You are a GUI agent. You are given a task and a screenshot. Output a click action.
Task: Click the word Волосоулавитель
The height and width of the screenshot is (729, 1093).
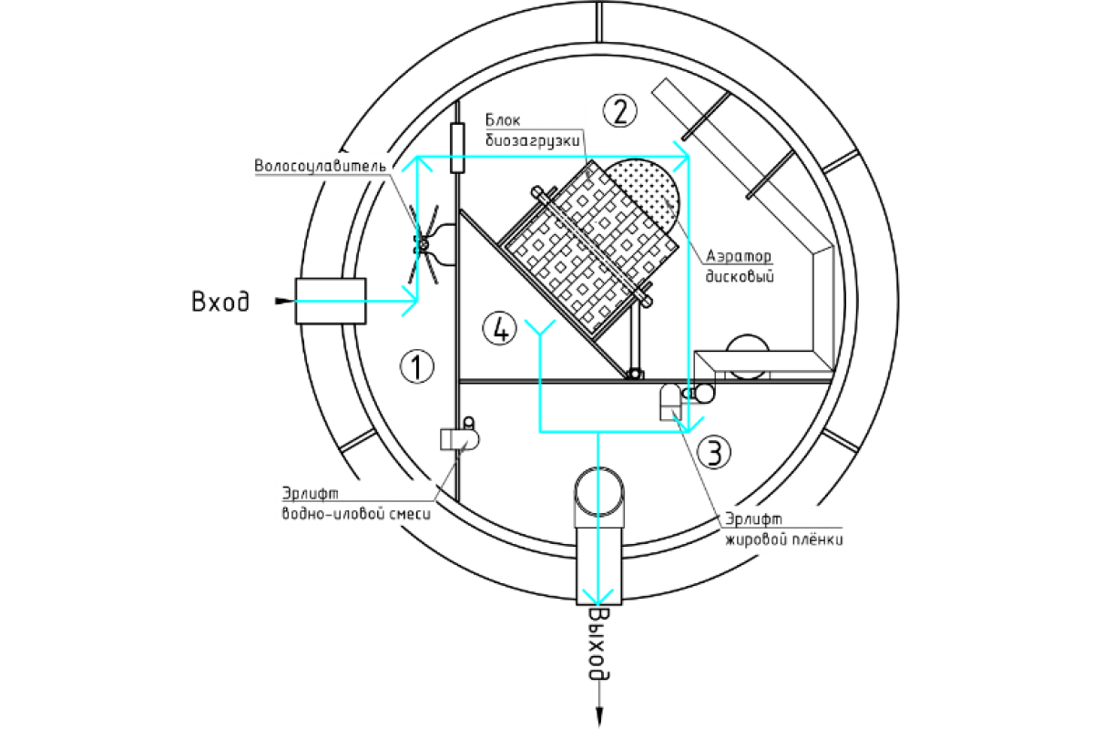coord(321,167)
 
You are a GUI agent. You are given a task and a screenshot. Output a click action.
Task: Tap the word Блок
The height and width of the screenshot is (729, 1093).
coord(502,120)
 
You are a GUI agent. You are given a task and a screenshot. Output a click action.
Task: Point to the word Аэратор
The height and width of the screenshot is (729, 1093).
coord(739,257)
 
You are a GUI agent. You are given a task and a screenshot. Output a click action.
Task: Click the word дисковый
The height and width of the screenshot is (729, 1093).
coord(738,277)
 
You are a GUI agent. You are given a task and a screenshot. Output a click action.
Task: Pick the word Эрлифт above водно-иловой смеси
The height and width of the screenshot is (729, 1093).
coord(310,493)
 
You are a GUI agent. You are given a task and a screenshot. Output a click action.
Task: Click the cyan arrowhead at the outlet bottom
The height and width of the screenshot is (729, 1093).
coord(598,596)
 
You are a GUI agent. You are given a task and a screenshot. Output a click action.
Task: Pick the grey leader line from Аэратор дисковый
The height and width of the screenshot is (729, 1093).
coord(679,219)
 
